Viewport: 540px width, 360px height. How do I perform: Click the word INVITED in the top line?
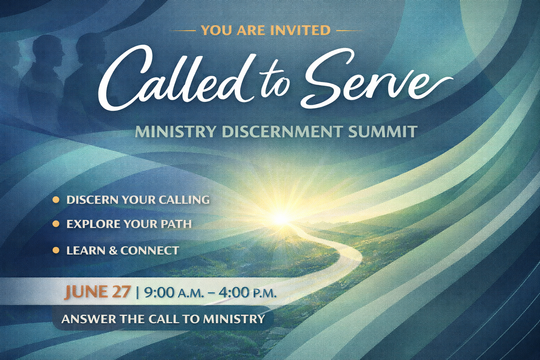pos(302,30)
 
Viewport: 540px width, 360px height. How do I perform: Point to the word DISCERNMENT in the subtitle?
pos(282,132)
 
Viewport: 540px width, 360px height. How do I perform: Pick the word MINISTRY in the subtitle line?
pos(176,132)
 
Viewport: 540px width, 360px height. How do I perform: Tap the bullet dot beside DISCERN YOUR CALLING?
pos(56,200)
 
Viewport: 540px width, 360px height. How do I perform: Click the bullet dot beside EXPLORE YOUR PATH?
pos(56,224)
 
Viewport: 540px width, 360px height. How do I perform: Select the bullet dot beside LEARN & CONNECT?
pos(56,250)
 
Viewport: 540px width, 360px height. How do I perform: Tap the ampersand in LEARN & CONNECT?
pos(113,251)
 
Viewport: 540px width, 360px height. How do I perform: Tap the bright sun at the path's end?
pos(281,218)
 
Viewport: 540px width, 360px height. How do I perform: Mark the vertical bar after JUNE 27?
pos(137,292)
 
